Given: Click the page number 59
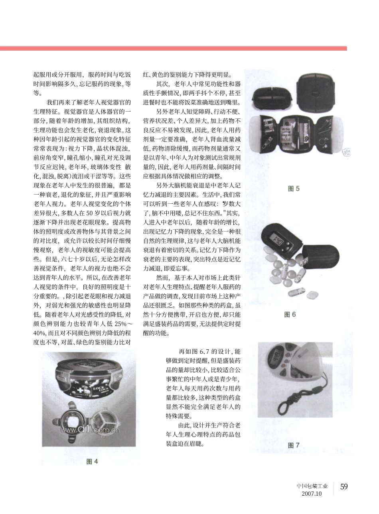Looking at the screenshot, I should tap(344, 486).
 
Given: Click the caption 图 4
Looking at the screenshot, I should tap(92, 461).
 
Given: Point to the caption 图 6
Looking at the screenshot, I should tap(290, 315).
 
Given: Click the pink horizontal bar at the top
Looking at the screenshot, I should tap(173, 48).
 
